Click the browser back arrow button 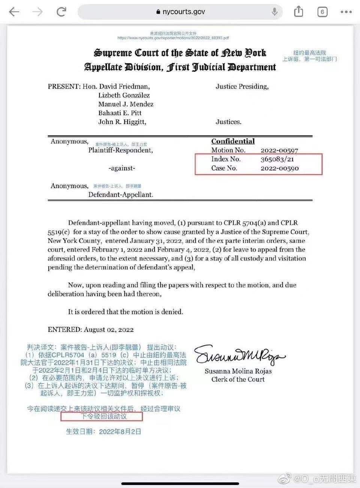[14, 12]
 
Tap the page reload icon [61, 12]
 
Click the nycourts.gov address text [183, 12]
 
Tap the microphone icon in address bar [274, 12]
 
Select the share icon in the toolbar [298, 12]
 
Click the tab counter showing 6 [322, 12]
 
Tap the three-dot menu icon [346, 12]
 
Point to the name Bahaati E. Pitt [120, 113]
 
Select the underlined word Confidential [233, 141]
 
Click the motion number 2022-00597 [279, 150]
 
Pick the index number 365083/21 [277, 159]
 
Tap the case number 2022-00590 [279, 168]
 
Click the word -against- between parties [122, 168]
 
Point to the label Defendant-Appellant [121, 194]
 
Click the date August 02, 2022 [109, 330]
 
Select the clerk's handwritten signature [239, 355]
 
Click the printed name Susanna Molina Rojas [238, 371]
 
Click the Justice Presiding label [242, 86]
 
